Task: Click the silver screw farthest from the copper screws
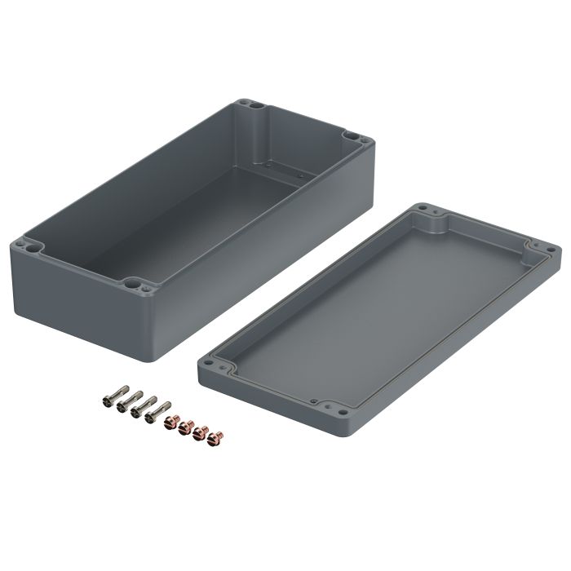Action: click(108, 401)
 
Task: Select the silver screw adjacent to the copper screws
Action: click(153, 414)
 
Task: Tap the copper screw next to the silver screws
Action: click(170, 421)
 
